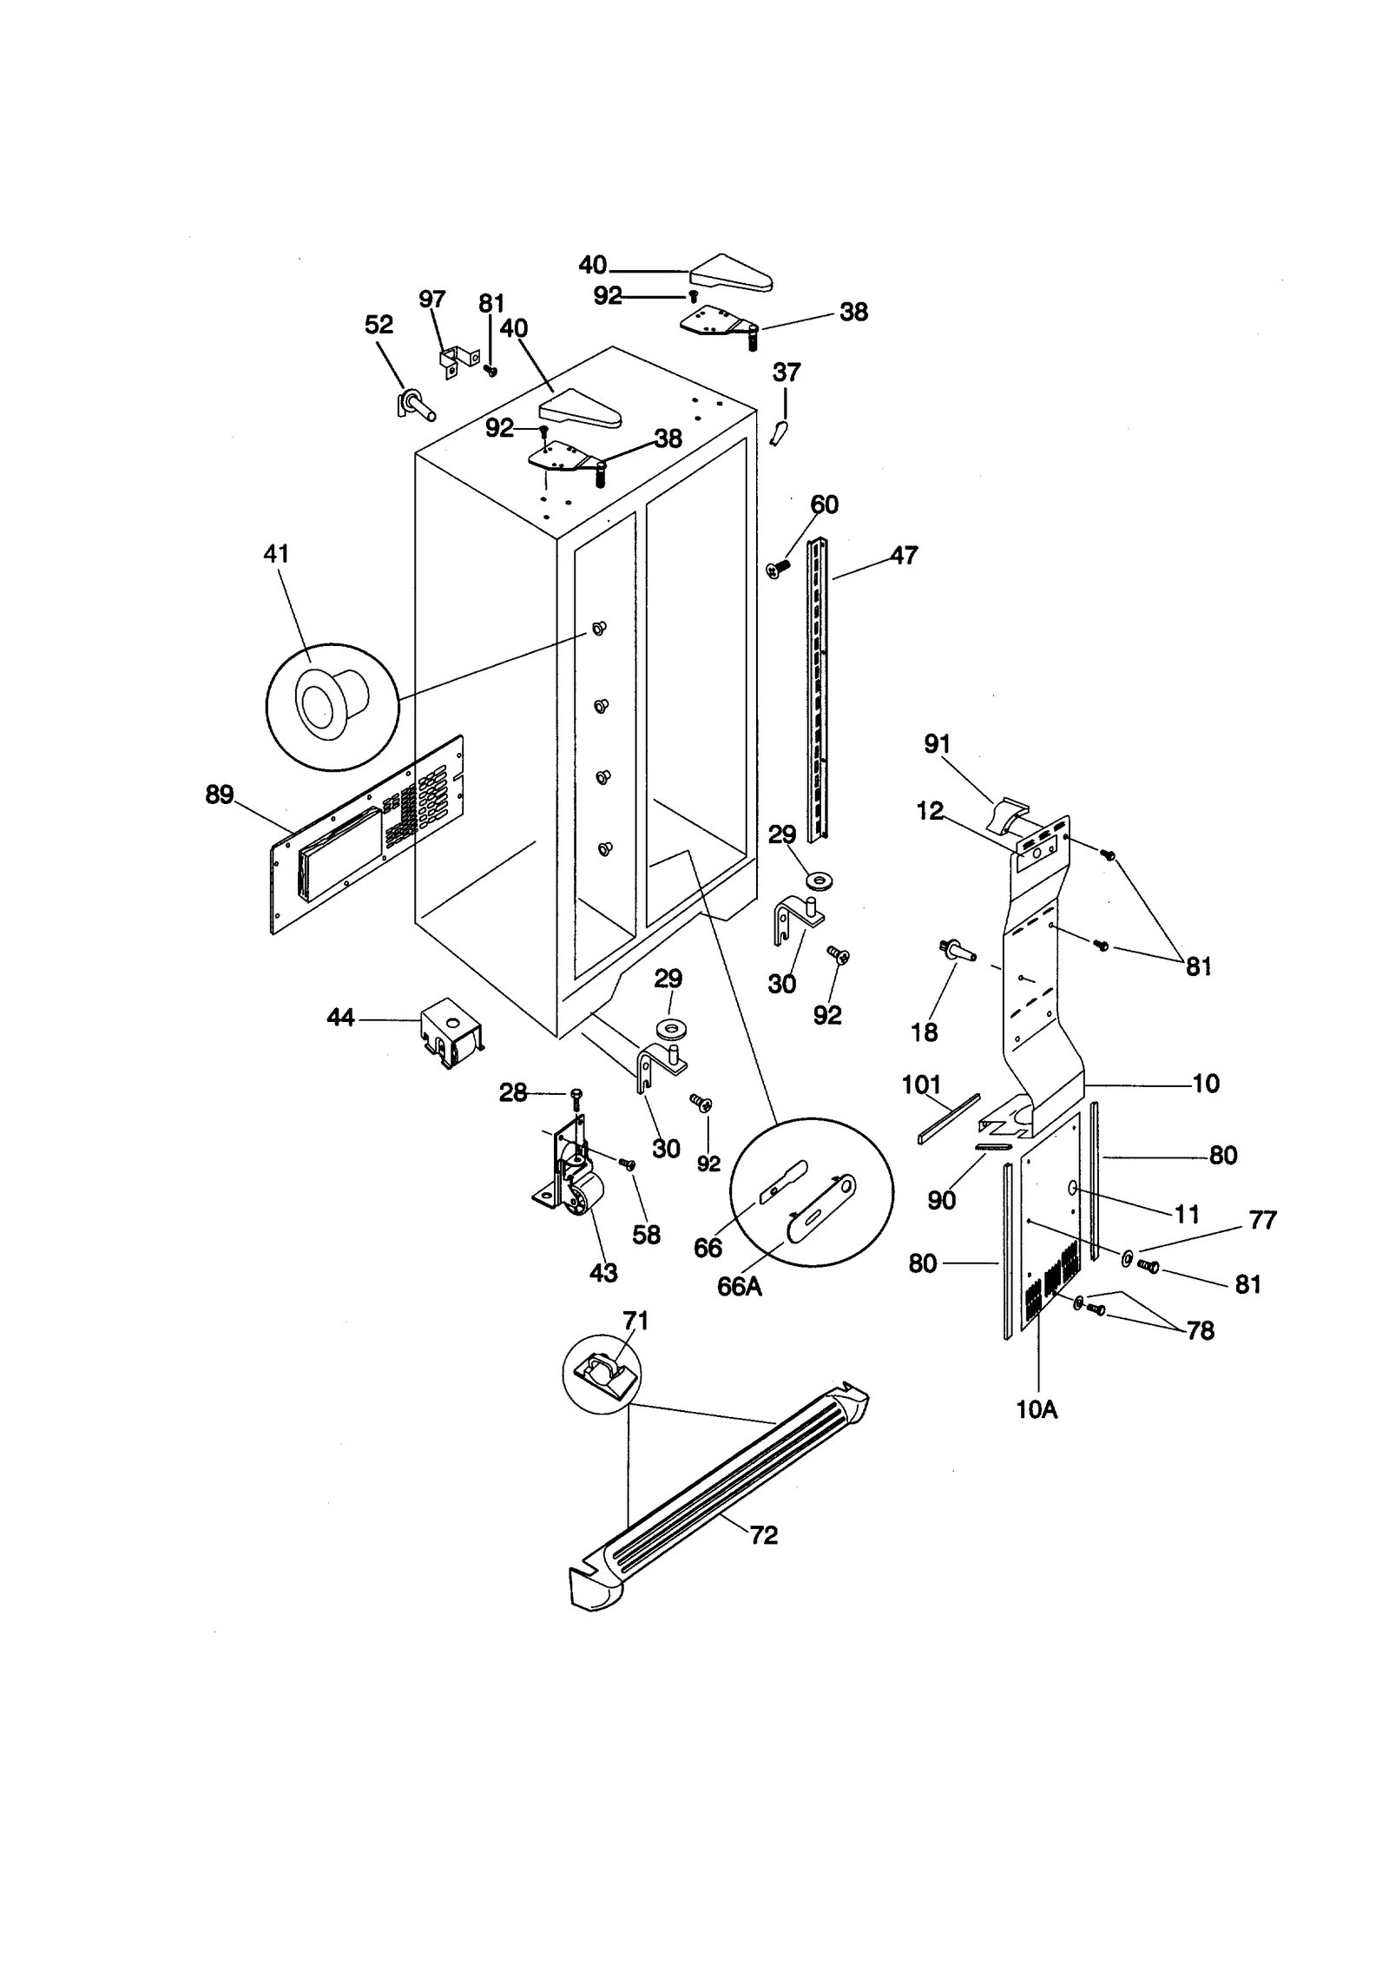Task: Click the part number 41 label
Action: tap(276, 553)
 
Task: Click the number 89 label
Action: tap(220, 794)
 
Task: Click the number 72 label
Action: tap(763, 1535)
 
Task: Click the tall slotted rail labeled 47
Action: tap(818, 690)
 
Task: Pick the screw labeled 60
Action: tap(778, 569)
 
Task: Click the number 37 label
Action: tap(786, 373)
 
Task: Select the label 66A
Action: tap(740, 1286)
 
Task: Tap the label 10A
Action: tap(1037, 1409)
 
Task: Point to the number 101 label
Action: tap(921, 1085)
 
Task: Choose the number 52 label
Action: tap(379, 324)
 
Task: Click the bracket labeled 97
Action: tap(458, 361)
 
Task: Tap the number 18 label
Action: tap(925, 1032)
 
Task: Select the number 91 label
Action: tap(937, 744)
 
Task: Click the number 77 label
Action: tap(1263, 1220)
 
